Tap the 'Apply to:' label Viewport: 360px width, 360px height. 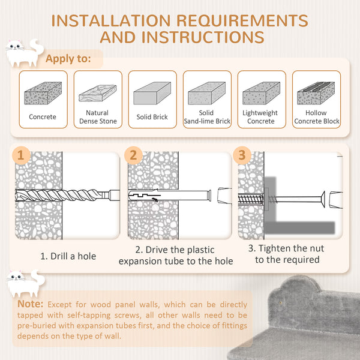(x=68, y=59)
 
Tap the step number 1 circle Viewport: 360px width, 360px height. (x=22, y=156)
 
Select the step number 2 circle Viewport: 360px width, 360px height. (x=133, y=156)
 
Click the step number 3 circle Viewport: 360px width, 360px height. (x=242, y=156)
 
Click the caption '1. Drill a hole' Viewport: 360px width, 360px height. (x=68, y=256)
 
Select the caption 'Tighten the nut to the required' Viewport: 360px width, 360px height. (x=287, y=254)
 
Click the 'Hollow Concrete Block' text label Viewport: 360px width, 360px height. (x=316, y=117)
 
